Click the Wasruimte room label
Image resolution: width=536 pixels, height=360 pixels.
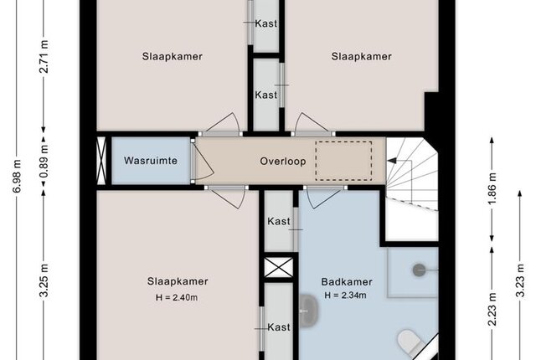click(151, 161)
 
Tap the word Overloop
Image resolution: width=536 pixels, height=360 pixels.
click(283, 162)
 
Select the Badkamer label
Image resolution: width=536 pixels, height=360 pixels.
click(347, 282)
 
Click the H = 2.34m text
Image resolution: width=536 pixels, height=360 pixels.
click(345, 295)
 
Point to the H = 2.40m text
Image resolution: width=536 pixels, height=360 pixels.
click(177, 297)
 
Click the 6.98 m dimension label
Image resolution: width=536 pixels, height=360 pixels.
click(17, 176)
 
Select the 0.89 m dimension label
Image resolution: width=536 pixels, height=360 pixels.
click(44, 161)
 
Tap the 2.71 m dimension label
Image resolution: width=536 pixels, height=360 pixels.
click(44, 57)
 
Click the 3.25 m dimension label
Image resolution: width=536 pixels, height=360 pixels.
click(44, 280)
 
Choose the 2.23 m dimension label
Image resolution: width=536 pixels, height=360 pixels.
click(492, 310)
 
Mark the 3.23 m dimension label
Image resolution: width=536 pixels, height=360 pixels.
click(520, 280)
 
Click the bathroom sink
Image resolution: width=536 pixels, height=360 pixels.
click(309, 311)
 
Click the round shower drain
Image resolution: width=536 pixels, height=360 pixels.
click(419, 270)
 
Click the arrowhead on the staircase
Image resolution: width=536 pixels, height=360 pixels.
click(392, 161)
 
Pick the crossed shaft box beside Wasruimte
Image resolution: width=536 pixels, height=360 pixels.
click(101, 161)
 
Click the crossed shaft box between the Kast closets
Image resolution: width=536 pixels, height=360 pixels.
click(279, 267)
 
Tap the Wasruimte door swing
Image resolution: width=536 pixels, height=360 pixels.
click(203, 161)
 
